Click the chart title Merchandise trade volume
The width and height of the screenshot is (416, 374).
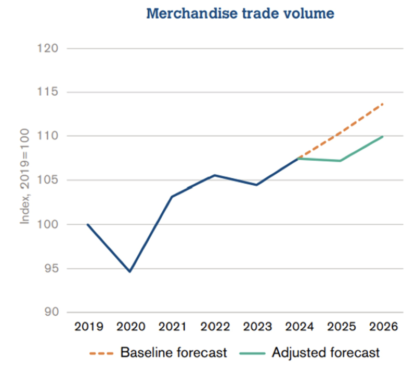pos(240,14)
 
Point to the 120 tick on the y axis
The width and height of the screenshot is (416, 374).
pos(48,48)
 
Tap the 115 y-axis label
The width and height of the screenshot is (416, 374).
pos(48,93)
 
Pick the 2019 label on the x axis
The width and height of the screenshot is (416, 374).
pos(88,327)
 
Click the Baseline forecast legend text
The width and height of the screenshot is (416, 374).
pos(174,353)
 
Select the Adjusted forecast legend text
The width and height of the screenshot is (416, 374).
pos(326,353)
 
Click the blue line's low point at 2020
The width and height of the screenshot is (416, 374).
pos(130,272)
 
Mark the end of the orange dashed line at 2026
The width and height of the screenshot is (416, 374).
pos(383,104)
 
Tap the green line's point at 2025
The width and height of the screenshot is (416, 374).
pos(341,161)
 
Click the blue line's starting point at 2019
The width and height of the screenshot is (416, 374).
pos(88,224)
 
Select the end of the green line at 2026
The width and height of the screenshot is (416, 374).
pos(383,136)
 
